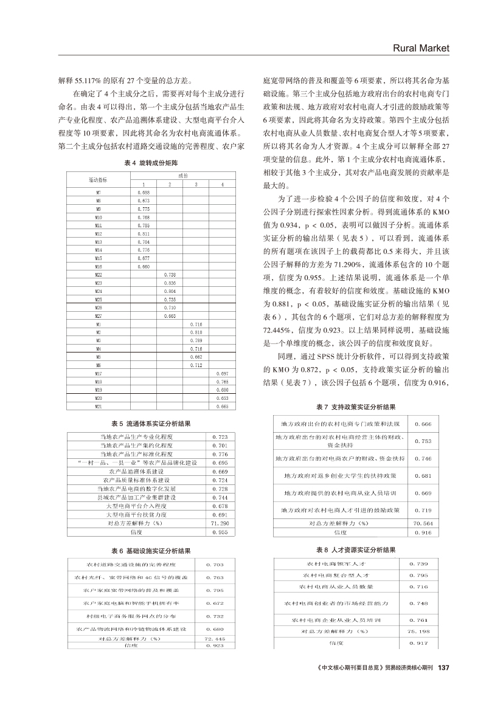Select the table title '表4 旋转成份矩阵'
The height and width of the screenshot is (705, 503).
[144, 163]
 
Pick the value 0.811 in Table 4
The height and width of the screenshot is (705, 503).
[144, 233]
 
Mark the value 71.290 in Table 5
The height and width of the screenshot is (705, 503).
[219, 523]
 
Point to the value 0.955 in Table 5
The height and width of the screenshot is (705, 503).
[219, 531]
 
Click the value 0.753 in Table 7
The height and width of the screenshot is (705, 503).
[422, 441]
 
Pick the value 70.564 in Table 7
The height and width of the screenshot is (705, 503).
[422, 523]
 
